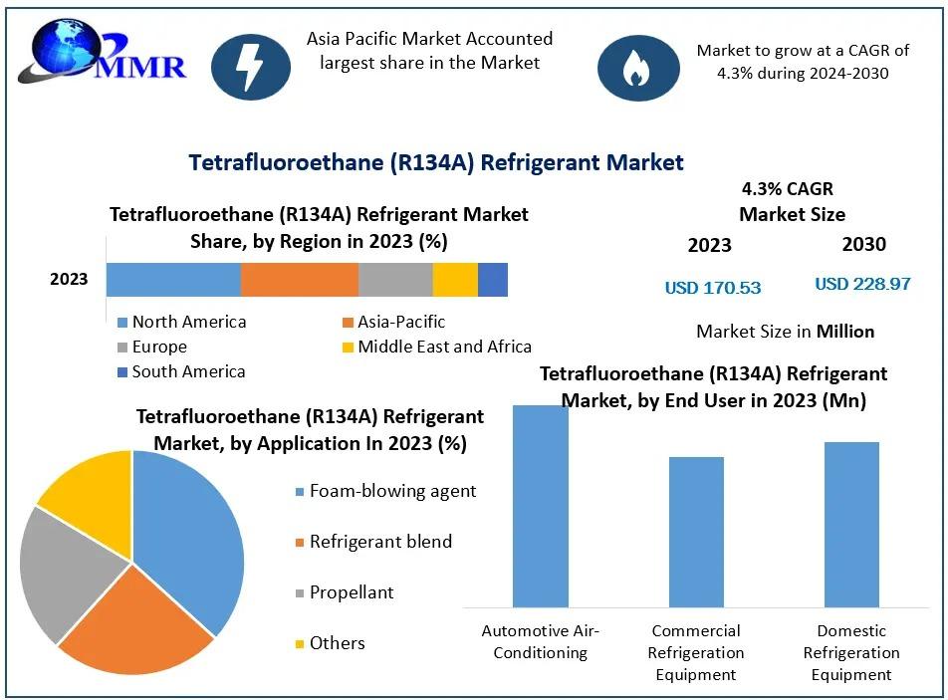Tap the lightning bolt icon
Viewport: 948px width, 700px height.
coord(250,66)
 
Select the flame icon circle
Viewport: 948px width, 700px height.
coord(637,67)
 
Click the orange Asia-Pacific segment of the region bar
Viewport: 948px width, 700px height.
coord(299,280)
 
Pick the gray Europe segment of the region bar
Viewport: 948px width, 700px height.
coord(395,280)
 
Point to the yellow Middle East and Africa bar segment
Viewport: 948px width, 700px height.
coord(455,280)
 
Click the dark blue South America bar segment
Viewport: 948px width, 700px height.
coord(493,280)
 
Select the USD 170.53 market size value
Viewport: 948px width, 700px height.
coord(713,288)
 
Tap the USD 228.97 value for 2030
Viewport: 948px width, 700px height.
coord(862,284)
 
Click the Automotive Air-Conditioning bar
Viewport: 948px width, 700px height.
coord(541,505)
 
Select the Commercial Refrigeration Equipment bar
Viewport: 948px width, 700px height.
coord(696,531)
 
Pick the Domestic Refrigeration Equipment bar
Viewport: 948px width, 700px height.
coord(851,524)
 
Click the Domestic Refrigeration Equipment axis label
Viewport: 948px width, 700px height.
coord(851,652)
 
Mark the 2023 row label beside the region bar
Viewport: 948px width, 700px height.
coord(69,279)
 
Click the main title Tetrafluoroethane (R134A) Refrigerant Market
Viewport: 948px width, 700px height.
coord(436,162)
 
